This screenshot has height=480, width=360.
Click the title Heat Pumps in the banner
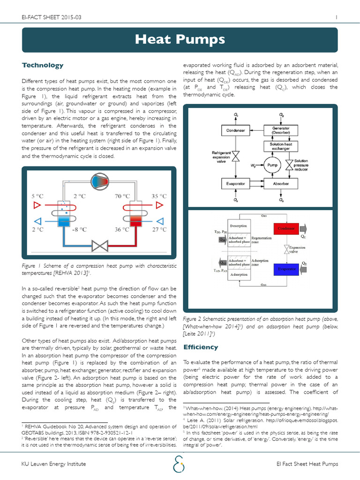180,40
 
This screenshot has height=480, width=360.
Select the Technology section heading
43,65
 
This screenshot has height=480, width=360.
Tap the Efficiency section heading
201,347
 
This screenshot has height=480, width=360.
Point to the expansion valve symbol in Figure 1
100,245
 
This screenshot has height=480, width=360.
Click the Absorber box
281,184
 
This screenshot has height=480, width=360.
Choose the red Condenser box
286,228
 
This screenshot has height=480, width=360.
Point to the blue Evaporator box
286,269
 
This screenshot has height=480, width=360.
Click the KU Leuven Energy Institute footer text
54,464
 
